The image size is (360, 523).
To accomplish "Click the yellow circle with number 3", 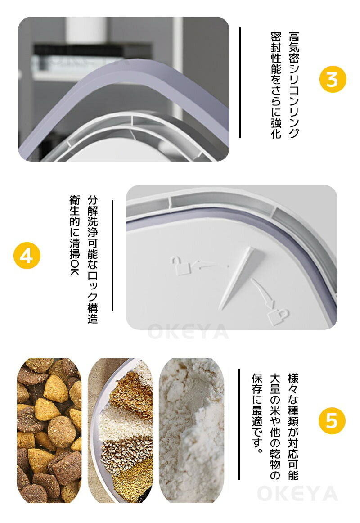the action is click(333, 79).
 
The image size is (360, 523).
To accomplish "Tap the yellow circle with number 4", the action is click(27, 256).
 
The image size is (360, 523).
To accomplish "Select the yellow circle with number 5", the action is click(332, 420).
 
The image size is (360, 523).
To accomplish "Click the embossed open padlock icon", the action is click(180, 266).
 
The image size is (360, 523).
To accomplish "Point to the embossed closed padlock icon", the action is click(278, 316).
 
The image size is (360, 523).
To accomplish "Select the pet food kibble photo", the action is click(49, 430).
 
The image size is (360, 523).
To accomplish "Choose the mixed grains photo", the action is click(120, 430).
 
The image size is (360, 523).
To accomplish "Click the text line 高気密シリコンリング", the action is click(294, 85).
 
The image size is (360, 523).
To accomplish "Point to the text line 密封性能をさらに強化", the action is click(276, 85).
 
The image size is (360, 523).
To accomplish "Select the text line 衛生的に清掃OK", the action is click(75, 235).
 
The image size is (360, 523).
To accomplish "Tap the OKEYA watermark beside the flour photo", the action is click(297, 494).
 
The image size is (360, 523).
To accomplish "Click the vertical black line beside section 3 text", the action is click(240, 83).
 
